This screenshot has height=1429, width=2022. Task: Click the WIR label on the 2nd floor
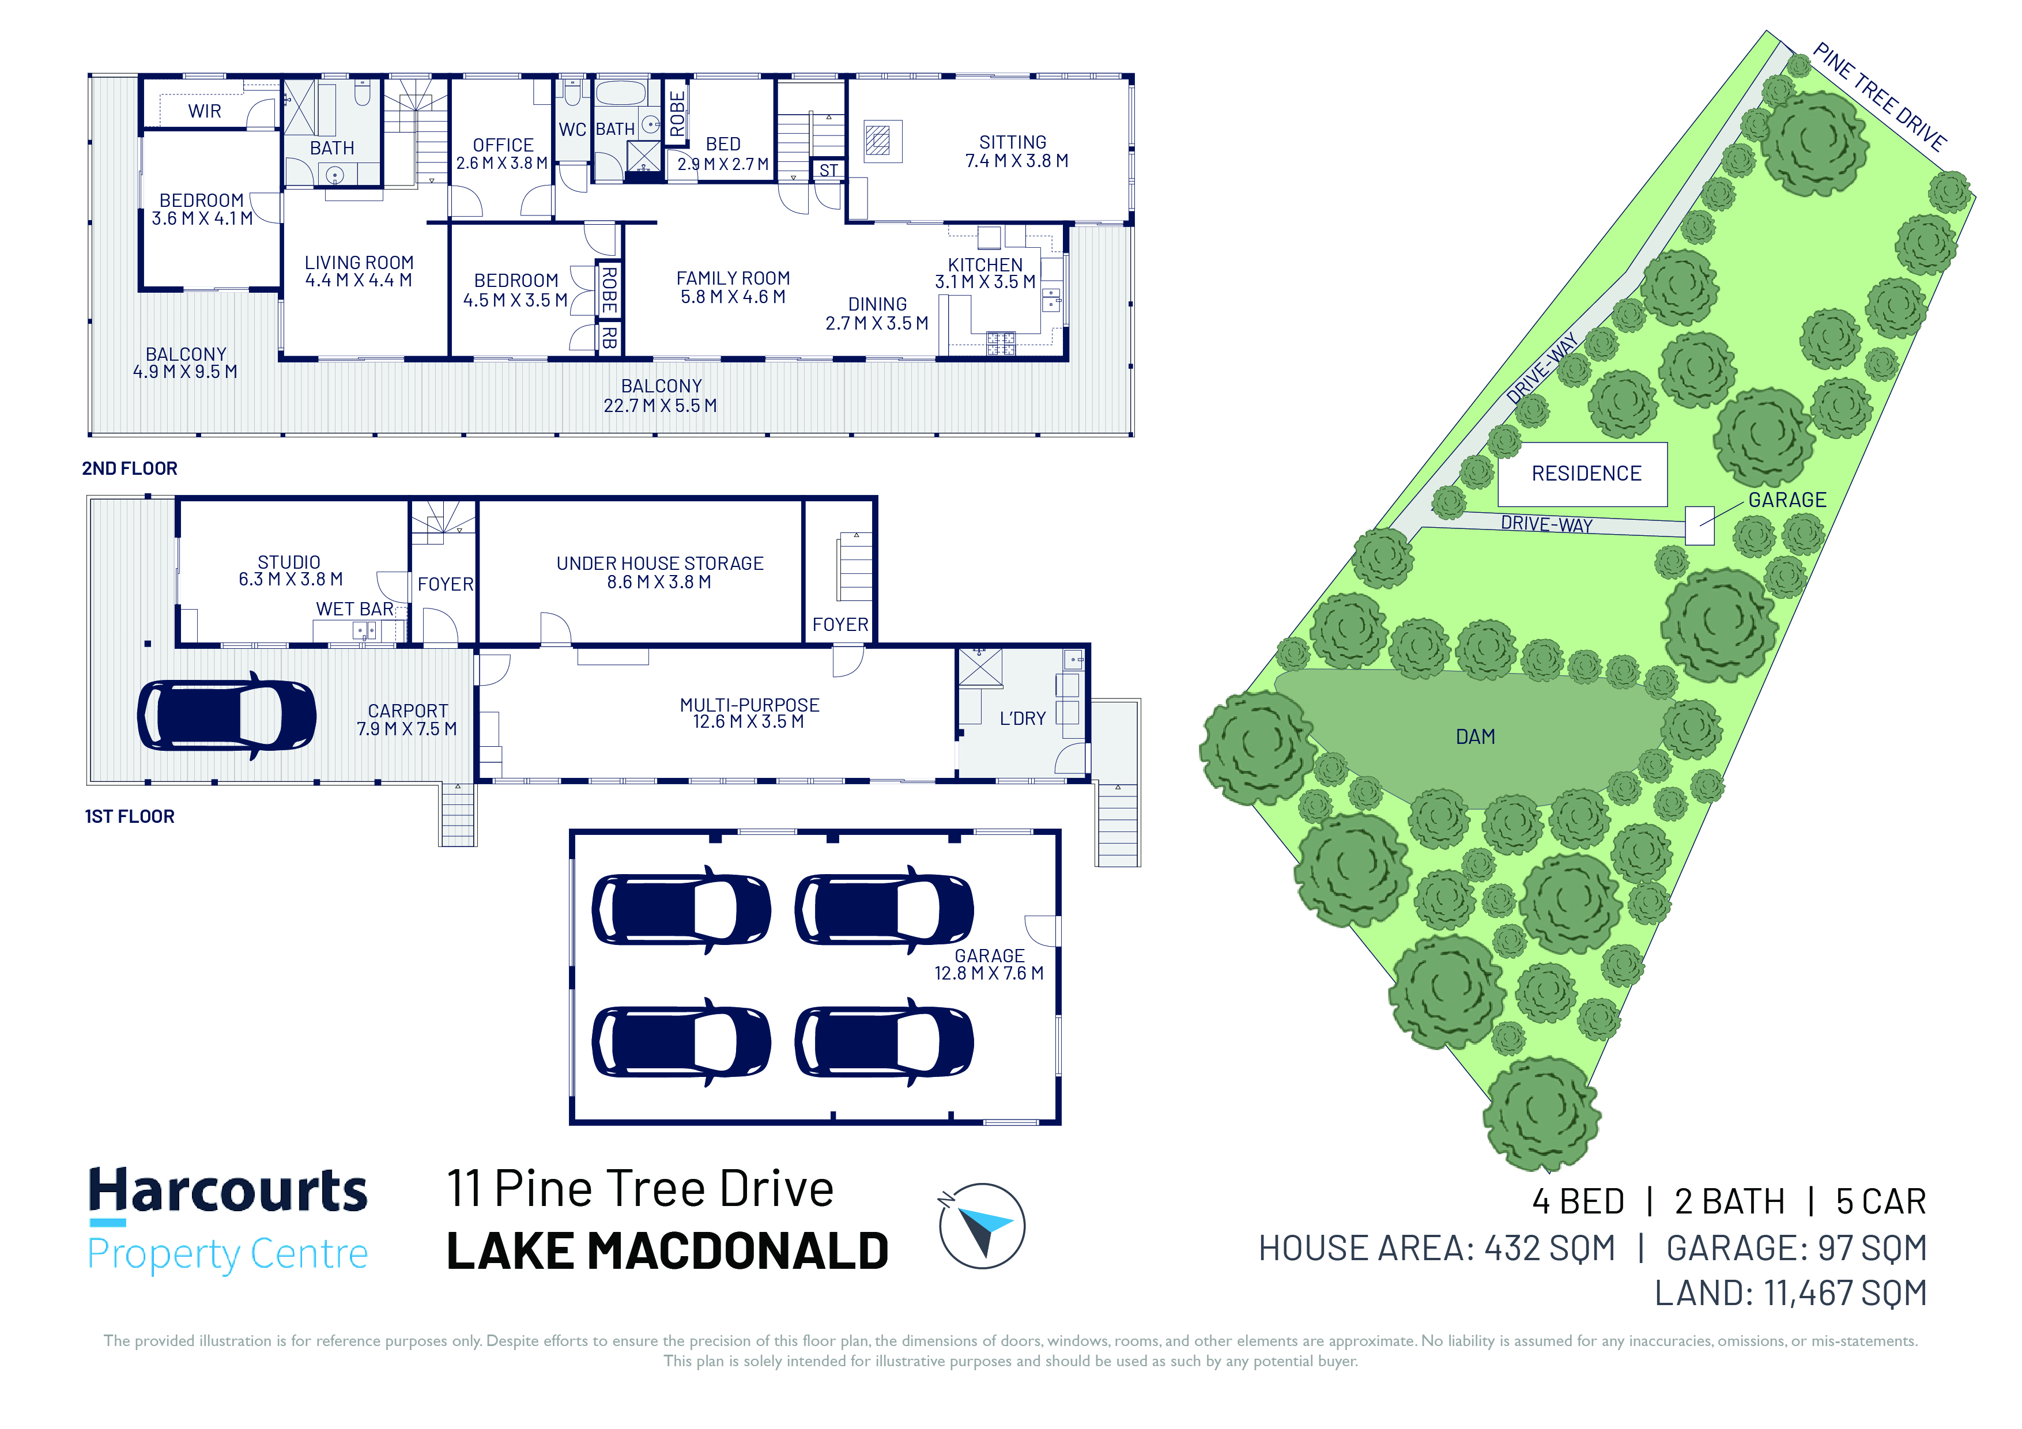click(x=204, y=111)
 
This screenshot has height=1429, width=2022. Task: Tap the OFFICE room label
click(x=503, y=145)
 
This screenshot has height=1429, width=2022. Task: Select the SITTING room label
click(x=1013, y=142)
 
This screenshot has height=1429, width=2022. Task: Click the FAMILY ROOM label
click(x=733, y=277)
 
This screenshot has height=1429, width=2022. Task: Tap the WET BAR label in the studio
click(x=355, y=608)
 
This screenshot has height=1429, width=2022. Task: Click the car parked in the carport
click(x=227, y=715)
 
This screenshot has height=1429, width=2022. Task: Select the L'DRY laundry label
click(x=1023, y=719)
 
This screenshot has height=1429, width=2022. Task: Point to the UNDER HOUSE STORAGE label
click(x=659, y=562)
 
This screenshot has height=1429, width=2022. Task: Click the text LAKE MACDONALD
click(x=667, y=1251)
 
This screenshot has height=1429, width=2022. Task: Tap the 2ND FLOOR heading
click(x=130, y=468)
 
